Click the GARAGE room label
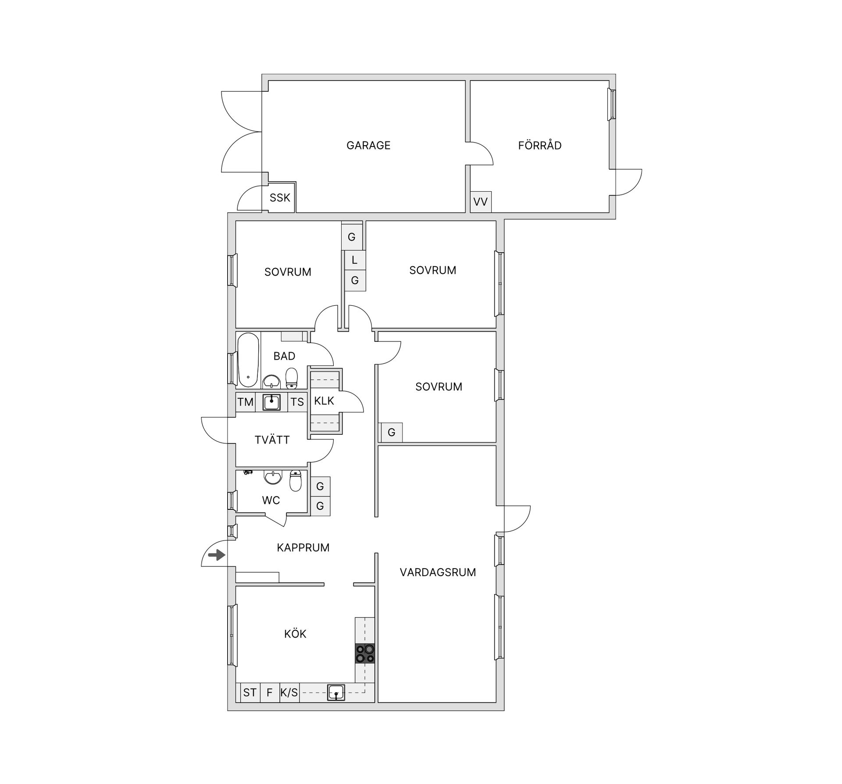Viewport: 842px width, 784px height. (368, 145)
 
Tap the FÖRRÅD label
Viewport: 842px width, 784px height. (539, 145)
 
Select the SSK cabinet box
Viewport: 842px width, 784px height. (280, 198)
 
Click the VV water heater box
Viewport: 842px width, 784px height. (480, 202)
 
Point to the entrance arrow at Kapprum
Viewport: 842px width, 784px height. (216, 555)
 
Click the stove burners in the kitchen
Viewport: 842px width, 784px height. (365, 653)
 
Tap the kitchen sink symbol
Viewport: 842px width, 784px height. (336, 692)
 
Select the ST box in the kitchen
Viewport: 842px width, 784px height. (250, 692)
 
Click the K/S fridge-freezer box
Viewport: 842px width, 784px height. (289, 692)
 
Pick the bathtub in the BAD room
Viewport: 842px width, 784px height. (248, 360)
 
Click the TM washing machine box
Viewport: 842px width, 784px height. (245, 402)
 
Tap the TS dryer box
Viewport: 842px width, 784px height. (297, 402)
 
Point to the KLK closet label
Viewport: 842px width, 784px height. (324, 401)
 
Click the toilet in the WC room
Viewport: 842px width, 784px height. (296, 481)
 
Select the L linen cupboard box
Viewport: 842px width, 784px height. (355, 260)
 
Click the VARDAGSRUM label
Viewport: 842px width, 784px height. (438, 572)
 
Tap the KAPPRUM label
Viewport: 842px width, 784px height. (303, 548)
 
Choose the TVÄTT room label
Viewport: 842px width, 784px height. (272, 440)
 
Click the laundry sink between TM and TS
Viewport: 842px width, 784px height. (271, 402)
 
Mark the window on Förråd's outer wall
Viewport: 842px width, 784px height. (611, 104)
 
